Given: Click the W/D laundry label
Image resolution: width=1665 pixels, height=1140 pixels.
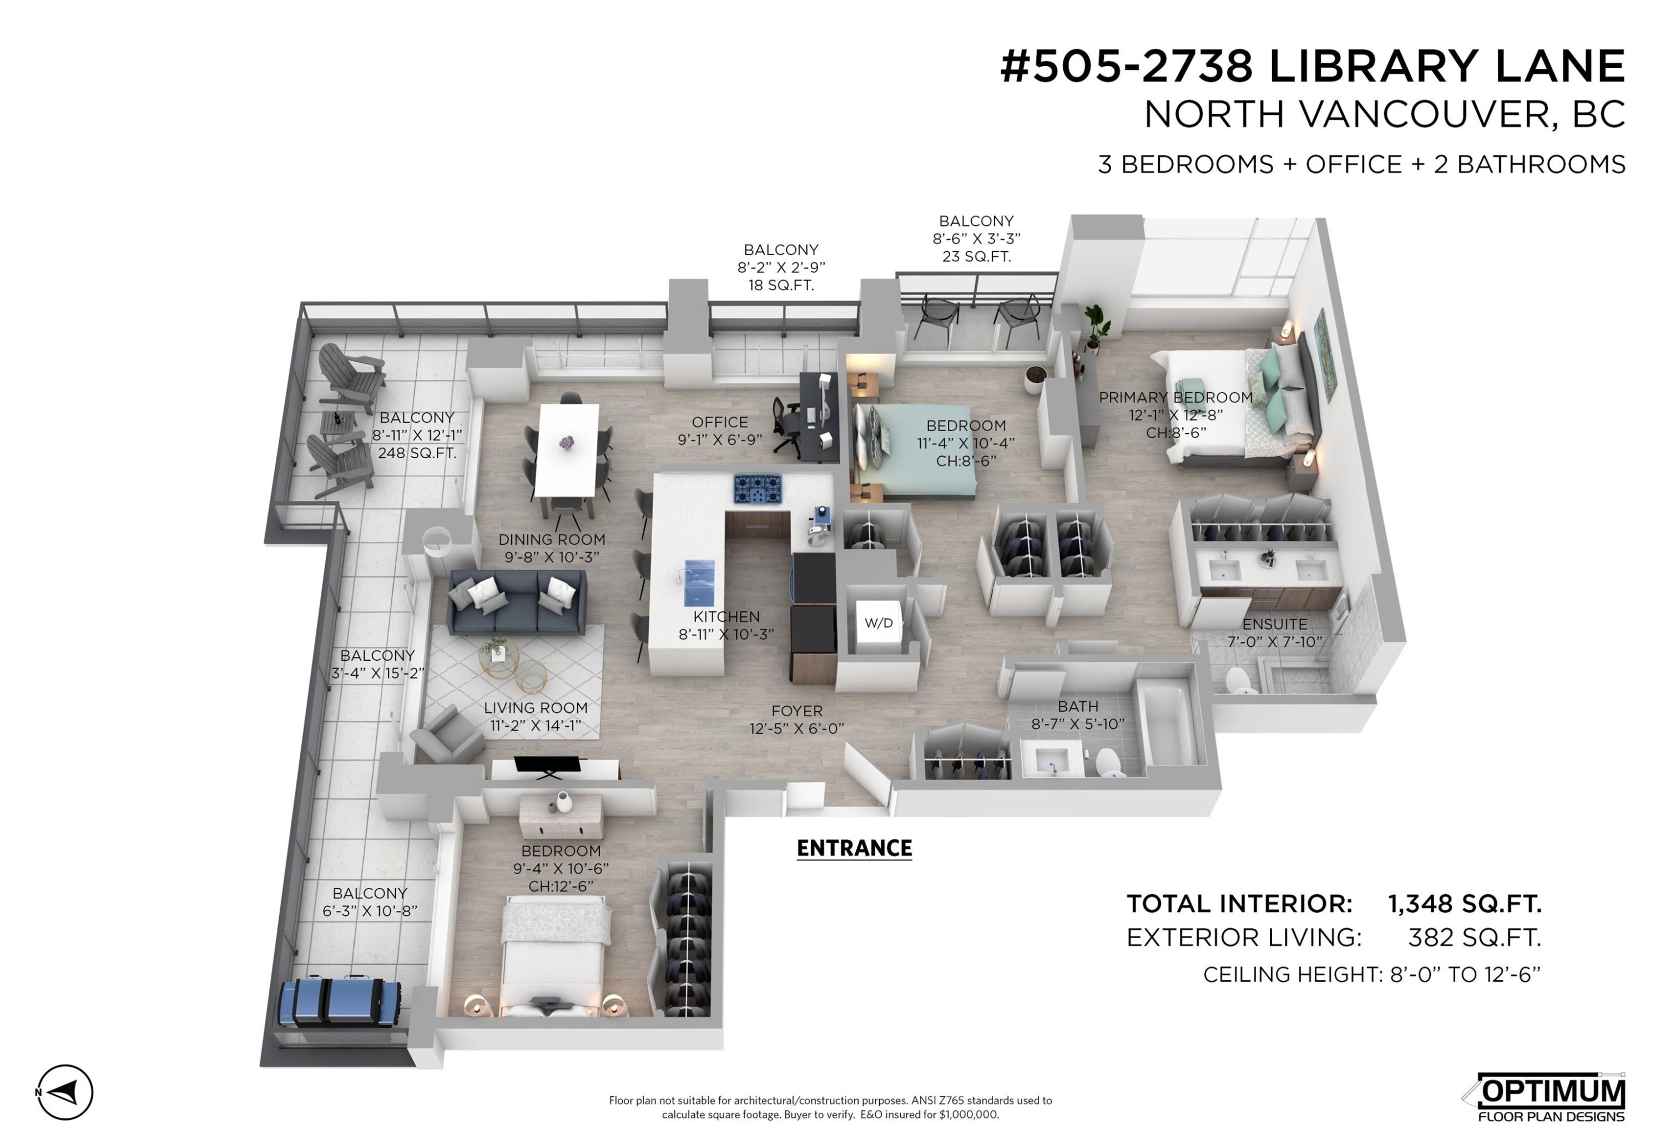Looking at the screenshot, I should (x=879, y=623).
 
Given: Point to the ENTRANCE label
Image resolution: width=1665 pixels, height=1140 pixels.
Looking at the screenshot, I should (x=854, y=849).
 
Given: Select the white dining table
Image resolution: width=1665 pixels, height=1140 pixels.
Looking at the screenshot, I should (x=567, y=450).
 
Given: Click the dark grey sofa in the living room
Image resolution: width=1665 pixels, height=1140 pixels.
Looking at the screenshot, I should (x=516, y=601).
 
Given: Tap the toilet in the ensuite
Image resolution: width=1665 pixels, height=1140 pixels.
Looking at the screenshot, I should (x=1239, y=680).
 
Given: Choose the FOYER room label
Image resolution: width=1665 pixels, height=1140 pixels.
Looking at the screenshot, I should (x=796, y=711).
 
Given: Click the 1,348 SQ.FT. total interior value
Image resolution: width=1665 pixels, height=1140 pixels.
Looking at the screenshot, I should (x=1465, y=904).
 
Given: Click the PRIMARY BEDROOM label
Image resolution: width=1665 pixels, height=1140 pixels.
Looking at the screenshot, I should (x=1175, y=397).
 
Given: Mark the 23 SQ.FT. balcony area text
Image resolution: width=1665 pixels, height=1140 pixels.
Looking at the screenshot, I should (x=976, y=256).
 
